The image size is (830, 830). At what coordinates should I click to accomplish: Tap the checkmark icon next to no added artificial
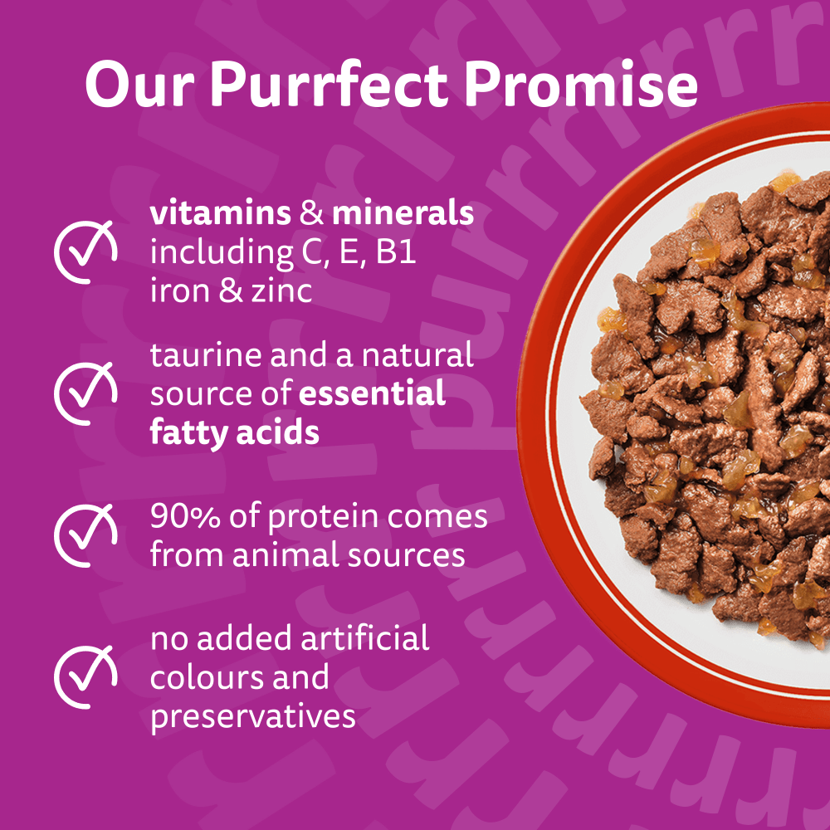(85, 676)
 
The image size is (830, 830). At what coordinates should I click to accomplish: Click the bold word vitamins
(220, 213)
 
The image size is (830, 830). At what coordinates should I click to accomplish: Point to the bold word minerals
(403, 213)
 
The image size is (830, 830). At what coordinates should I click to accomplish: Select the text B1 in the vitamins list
(395, 252)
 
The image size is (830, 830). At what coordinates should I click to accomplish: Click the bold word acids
(281, 432)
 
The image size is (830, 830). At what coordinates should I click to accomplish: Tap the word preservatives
(253, 715)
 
